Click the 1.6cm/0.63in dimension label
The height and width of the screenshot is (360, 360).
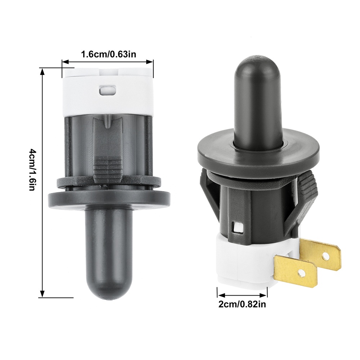pos(109,54)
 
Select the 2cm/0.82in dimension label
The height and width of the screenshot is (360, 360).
pos(242,304)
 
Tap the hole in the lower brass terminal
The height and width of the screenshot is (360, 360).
pos(300,273)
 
